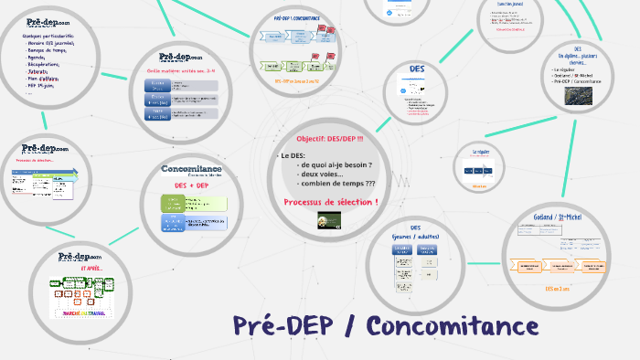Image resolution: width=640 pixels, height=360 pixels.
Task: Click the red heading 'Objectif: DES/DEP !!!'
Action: click(329, 139)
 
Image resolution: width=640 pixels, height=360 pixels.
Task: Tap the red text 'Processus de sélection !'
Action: click(331, 201)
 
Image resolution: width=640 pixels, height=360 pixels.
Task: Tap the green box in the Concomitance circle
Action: click(171, 203)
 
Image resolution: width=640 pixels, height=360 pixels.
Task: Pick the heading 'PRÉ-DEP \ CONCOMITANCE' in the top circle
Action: click(296, 18)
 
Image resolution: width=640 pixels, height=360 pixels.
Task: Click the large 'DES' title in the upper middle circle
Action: click(416, 69)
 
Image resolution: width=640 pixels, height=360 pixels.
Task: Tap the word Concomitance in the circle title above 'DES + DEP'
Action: click(191, 169)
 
